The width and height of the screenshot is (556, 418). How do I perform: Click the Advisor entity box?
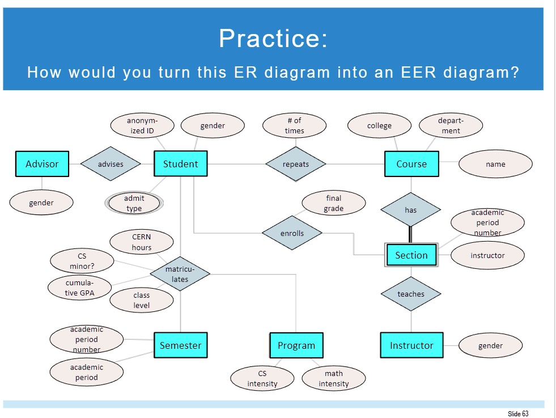[x=42, y=164]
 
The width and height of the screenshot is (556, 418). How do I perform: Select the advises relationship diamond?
[x=111, y=164]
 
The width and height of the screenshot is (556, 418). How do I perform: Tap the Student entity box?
[x=181, y=164]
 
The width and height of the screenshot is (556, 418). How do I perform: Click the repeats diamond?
[x=296, y=164]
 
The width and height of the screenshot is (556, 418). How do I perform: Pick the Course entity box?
[x=411, y=164]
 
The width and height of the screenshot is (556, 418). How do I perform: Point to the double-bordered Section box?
[x=411, y=255]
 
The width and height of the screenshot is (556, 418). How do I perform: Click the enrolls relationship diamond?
[x=292, y=233]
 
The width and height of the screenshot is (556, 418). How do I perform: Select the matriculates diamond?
[x=180, y=274]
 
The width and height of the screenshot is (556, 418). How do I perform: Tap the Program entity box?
[x=296, y=345]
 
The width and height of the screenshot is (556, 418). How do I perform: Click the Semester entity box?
[x=180, y=345]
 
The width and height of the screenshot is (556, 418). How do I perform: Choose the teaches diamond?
[x=411, y=294]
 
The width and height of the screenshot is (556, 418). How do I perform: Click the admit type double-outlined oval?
[x=134, y=203]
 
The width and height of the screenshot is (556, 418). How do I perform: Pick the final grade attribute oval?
[x=334, y=203]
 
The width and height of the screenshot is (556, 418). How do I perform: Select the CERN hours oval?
[x=142, y=242]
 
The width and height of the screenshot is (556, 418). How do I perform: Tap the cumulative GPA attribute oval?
[x=80, y=288]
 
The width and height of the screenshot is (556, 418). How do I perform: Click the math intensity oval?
[x=334, y=378]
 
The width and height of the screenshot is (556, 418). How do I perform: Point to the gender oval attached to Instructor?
[x=490, y=345]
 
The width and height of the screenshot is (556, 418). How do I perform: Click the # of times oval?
[x=295, y=125]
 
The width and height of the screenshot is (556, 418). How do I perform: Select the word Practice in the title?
[x=273, y=39]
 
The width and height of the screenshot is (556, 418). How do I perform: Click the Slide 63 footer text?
[x=518, y=413]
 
